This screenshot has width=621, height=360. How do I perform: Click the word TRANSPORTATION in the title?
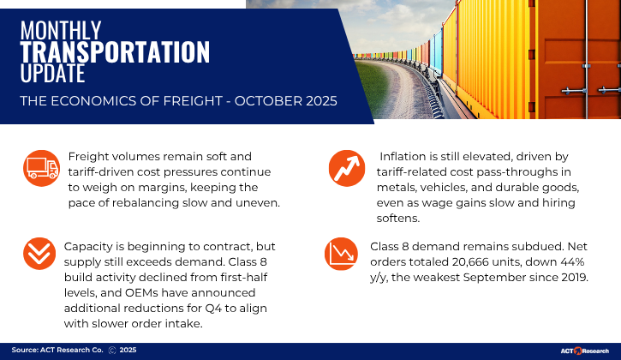pyautogui.click(x=115, y=52)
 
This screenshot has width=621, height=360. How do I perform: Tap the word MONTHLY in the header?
pyautogui.click(x=61, y=31)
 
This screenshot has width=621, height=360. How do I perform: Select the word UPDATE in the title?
pyautogui.click(x=54, y=74)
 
